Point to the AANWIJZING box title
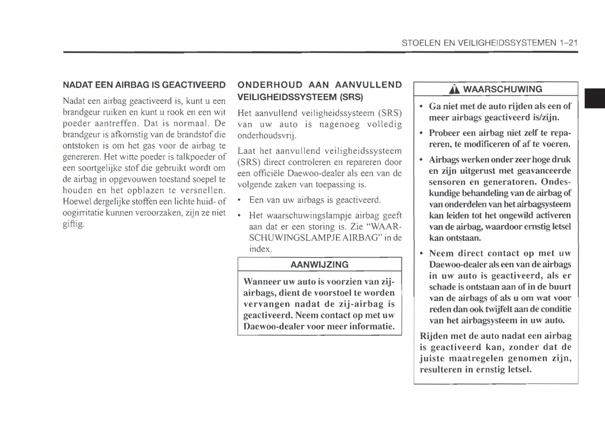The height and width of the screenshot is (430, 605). [319, 265]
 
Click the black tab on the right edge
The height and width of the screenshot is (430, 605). [595, 98]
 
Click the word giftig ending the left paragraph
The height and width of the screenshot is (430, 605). [73, 224]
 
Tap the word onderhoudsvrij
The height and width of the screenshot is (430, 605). [267, 136]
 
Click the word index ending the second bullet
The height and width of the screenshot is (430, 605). [260, 249]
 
